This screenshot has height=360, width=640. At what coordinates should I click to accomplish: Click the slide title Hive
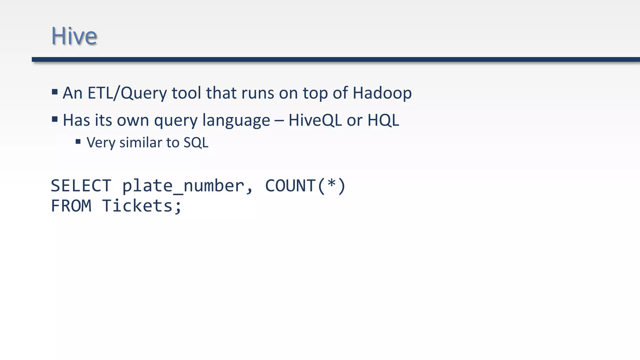(x=74, y=36)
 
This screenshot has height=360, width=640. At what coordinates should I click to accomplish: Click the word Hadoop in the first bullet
(x=382, y=93)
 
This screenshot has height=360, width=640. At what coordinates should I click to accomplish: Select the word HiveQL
(x=315, y=120)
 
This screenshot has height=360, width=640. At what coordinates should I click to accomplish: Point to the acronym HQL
(x=383, y=120)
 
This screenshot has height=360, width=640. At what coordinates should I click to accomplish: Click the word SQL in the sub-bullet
(x=196, y=143)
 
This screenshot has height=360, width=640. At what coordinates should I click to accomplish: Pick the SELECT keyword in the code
(x=81, y=186)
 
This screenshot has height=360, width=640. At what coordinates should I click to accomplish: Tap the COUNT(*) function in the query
(x=305, y=186)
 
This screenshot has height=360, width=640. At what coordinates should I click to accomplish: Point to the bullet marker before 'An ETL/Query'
(x=55, y=92)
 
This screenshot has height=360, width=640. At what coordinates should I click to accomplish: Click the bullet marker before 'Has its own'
(x=55, y=119)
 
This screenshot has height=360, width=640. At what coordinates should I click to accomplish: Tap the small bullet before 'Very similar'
(x=78, y=142)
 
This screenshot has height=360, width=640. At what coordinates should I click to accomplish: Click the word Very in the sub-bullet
(x=101, y=143)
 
